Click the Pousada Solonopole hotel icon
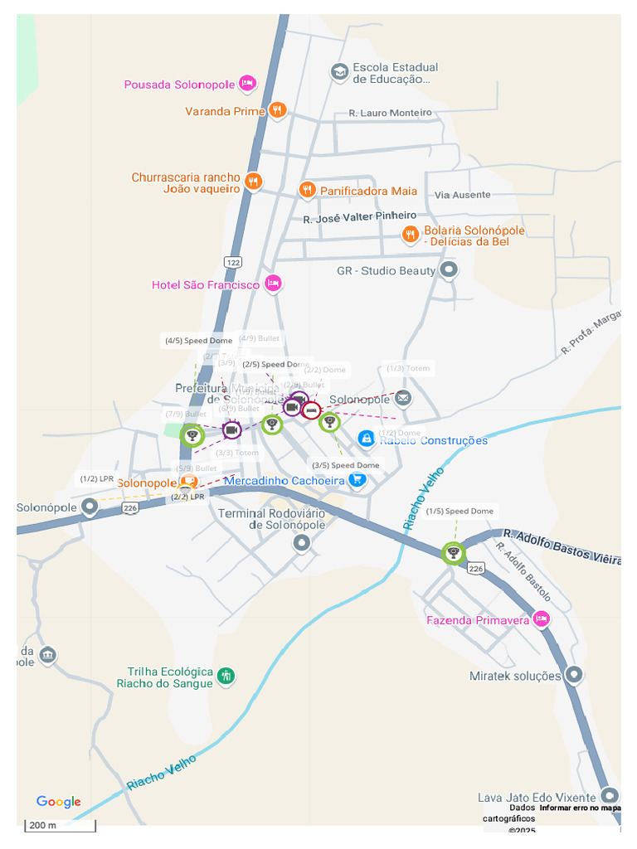coord(246,83)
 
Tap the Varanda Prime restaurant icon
coord(277,110)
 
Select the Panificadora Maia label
coord(368,191)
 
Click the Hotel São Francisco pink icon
coord(273,284)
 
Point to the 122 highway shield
coord(233,262)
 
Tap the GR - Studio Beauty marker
coord(449,269)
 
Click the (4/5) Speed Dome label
coord(197,341)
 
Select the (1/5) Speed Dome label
coord(460,512)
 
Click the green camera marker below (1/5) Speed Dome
coord(453,553)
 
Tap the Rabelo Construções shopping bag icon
coord(366,439)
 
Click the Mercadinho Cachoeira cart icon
coord(357,480)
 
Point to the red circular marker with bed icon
coord(311,410)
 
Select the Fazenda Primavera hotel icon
coord(541,619)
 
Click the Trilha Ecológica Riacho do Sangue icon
coord(226,677)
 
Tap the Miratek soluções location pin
coord(573,674)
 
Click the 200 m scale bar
coord(61,826)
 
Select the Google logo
coord(58,802)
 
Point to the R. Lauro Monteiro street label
coord(390,113)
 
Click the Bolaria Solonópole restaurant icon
coord(410,235)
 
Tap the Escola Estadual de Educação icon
coord(339,72)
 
